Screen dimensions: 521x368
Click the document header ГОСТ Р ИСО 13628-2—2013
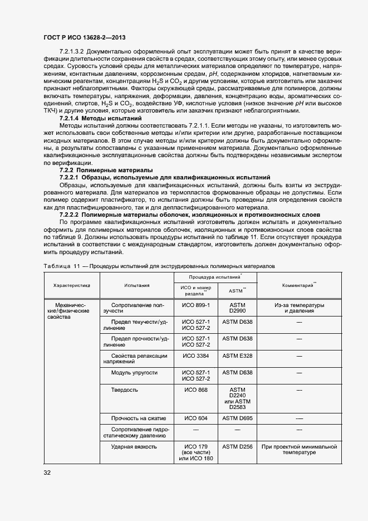click(x=84, y=37)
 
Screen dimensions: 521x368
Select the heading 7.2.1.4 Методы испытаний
click(x=100, y=119)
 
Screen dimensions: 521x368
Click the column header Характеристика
click(x=71, y=285)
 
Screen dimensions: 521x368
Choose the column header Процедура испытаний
click(x=214, y=277)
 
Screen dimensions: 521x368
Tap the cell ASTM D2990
click(x=237, y=309)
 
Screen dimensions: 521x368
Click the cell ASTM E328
click(x=237, y=355)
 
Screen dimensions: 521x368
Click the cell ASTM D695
click(x=237, y=418)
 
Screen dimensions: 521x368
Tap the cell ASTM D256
click(x=237, y=446)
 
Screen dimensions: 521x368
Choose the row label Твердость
click(x=125, y=389)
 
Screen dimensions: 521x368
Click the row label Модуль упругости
click(x=134, y=372)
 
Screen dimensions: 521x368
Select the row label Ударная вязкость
click(x=134, y=446)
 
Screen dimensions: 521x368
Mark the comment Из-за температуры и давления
click(x=298, y=309)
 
